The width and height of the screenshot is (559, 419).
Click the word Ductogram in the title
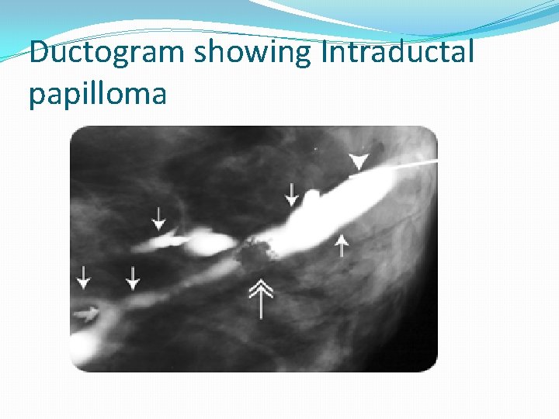107,53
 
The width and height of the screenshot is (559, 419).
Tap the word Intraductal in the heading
397,53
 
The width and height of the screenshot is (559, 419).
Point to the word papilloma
98,94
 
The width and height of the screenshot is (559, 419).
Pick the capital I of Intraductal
325,52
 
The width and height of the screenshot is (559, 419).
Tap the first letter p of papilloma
36,95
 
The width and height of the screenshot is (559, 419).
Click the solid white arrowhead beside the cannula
358,161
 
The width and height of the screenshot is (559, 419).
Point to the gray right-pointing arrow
87,313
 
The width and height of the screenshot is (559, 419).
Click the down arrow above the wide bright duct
291,193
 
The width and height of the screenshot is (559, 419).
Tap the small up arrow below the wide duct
341,244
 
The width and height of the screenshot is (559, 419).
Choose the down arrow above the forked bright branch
158,217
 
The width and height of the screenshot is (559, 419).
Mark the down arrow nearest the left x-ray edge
83,276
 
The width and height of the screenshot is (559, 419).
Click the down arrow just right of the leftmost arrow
134,277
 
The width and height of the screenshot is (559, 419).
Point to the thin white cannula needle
408,166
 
